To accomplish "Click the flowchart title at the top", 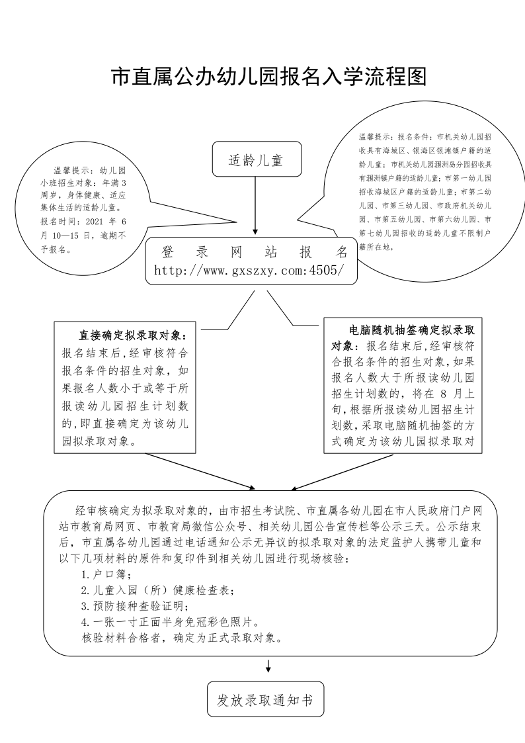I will pyautogui.click(x=268, y=77).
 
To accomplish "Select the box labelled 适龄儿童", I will pyautogui.click(x=255, y=160).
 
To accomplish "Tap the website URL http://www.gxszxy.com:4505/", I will pyautogui.click(x=249, y=270).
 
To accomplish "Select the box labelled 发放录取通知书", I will pyautogui.click(x=265, y=699).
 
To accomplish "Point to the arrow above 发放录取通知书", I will pyautogui.click(x=268, y=666).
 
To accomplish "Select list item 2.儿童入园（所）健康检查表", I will pyautogui.click(x=157, y=590).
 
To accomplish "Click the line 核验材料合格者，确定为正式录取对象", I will pyautogui.click(x=181, y=638).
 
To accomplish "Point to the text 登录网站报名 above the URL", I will pyautogui.click(x=255, y=253).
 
